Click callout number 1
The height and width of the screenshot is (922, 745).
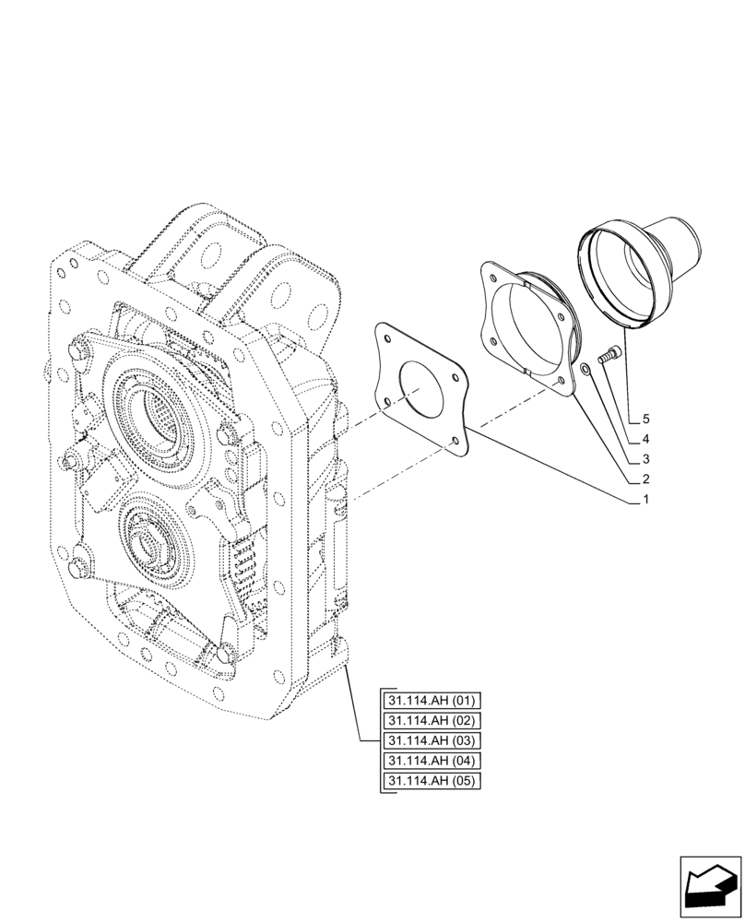(x=646, y=500)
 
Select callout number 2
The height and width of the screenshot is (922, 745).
(x=646, y=479)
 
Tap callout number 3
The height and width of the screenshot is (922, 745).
(x=646, y=459)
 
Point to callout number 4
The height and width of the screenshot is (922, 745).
(x=646, y=439)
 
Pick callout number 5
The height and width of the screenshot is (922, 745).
(x=646, y=419)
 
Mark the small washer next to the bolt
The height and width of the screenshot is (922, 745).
(x=586, y=371)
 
